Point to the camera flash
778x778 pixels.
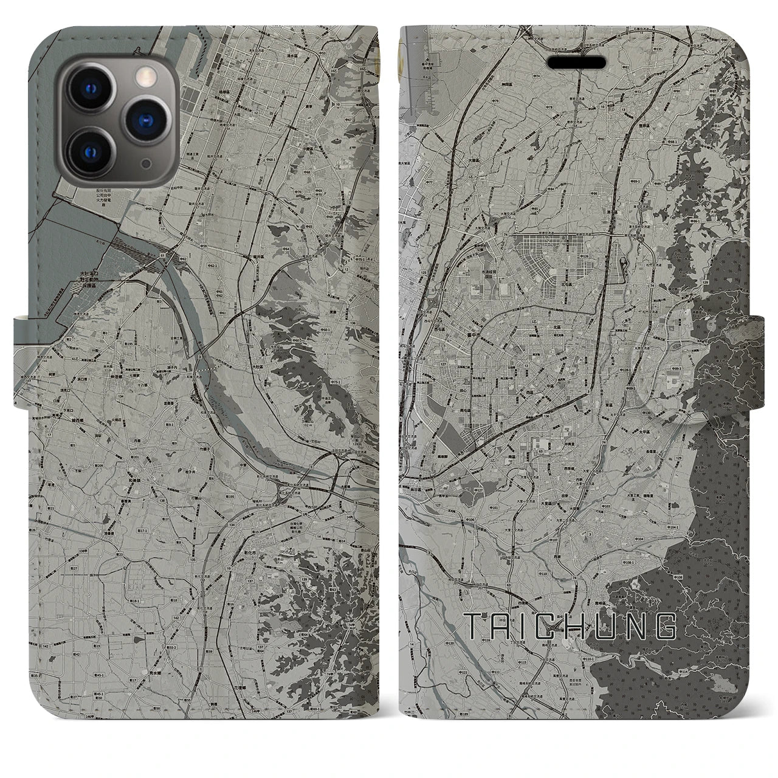coord(144,75)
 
